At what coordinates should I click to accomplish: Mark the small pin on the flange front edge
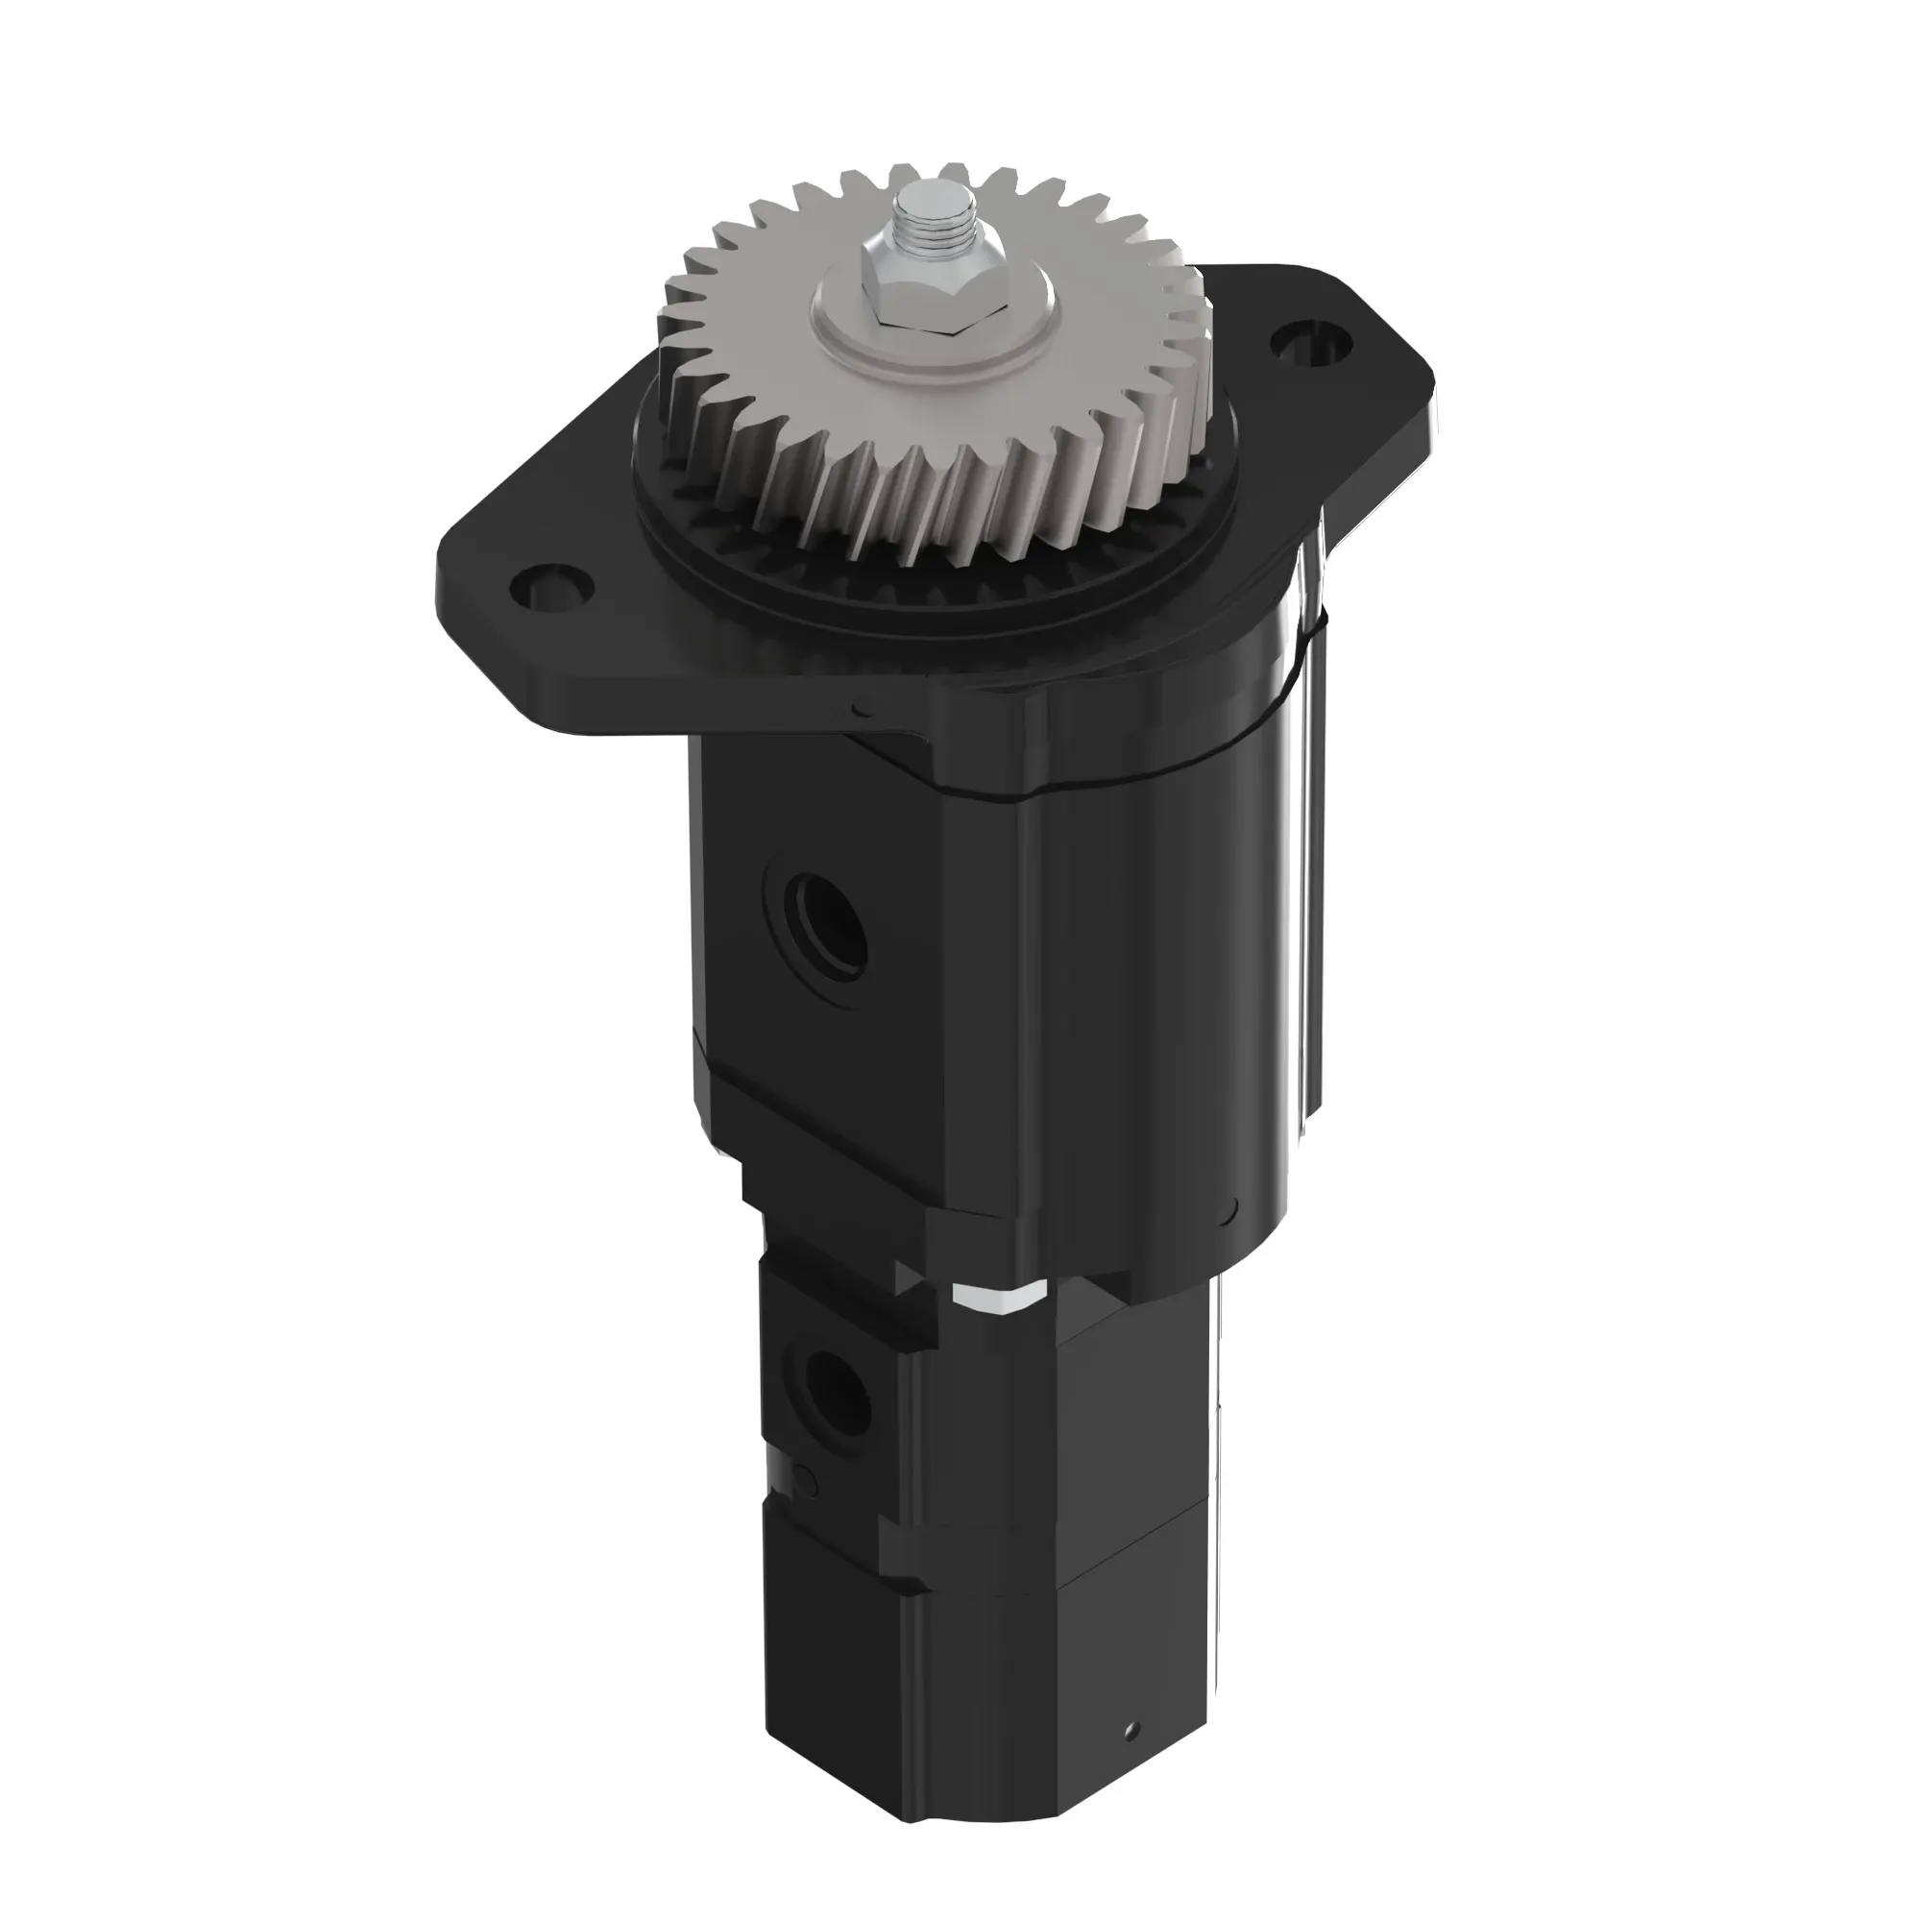(861, 709)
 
